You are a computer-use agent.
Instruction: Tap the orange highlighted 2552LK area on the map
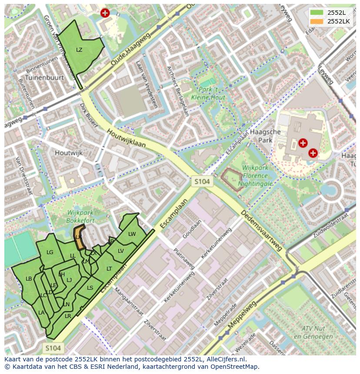pyautogui.click(x=79, y=237)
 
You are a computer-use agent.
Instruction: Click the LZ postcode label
pyautogui.click(x=79, y=50)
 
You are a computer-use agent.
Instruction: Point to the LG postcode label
pyautogui.click(x=50, y=252)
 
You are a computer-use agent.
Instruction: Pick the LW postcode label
pyautogui.click(x=132, y=234)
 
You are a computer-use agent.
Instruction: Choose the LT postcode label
pyautogui.click(x=109, y=269)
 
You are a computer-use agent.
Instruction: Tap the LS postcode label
pyautogui.click(x=90, y=288)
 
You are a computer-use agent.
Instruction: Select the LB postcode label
pyautogui.click(x=29, y=278)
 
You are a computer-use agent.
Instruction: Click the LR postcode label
pyautogui.click(x=68, y=316)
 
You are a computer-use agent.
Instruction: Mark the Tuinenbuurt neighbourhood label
pyautogui.click(x=45, y=77)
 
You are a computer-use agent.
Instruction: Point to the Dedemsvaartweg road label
pyautogui.click(x=263, y=231)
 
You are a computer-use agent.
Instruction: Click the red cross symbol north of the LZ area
pyautogui.click(x=105, y=13)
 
